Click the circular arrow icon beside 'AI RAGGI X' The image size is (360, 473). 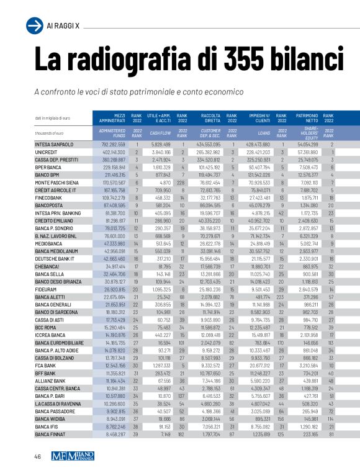[x=34, y=25]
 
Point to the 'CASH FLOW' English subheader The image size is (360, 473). [x=160, y=133]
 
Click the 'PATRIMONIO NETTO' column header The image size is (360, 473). [x=307, y=118]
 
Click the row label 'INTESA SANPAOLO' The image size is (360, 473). [x=54, y=145]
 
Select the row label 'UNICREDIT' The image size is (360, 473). [x=47, y=152]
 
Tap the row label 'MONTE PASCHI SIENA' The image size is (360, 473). [x=56, y=183]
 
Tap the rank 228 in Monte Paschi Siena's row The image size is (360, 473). [x=182, y=183]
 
